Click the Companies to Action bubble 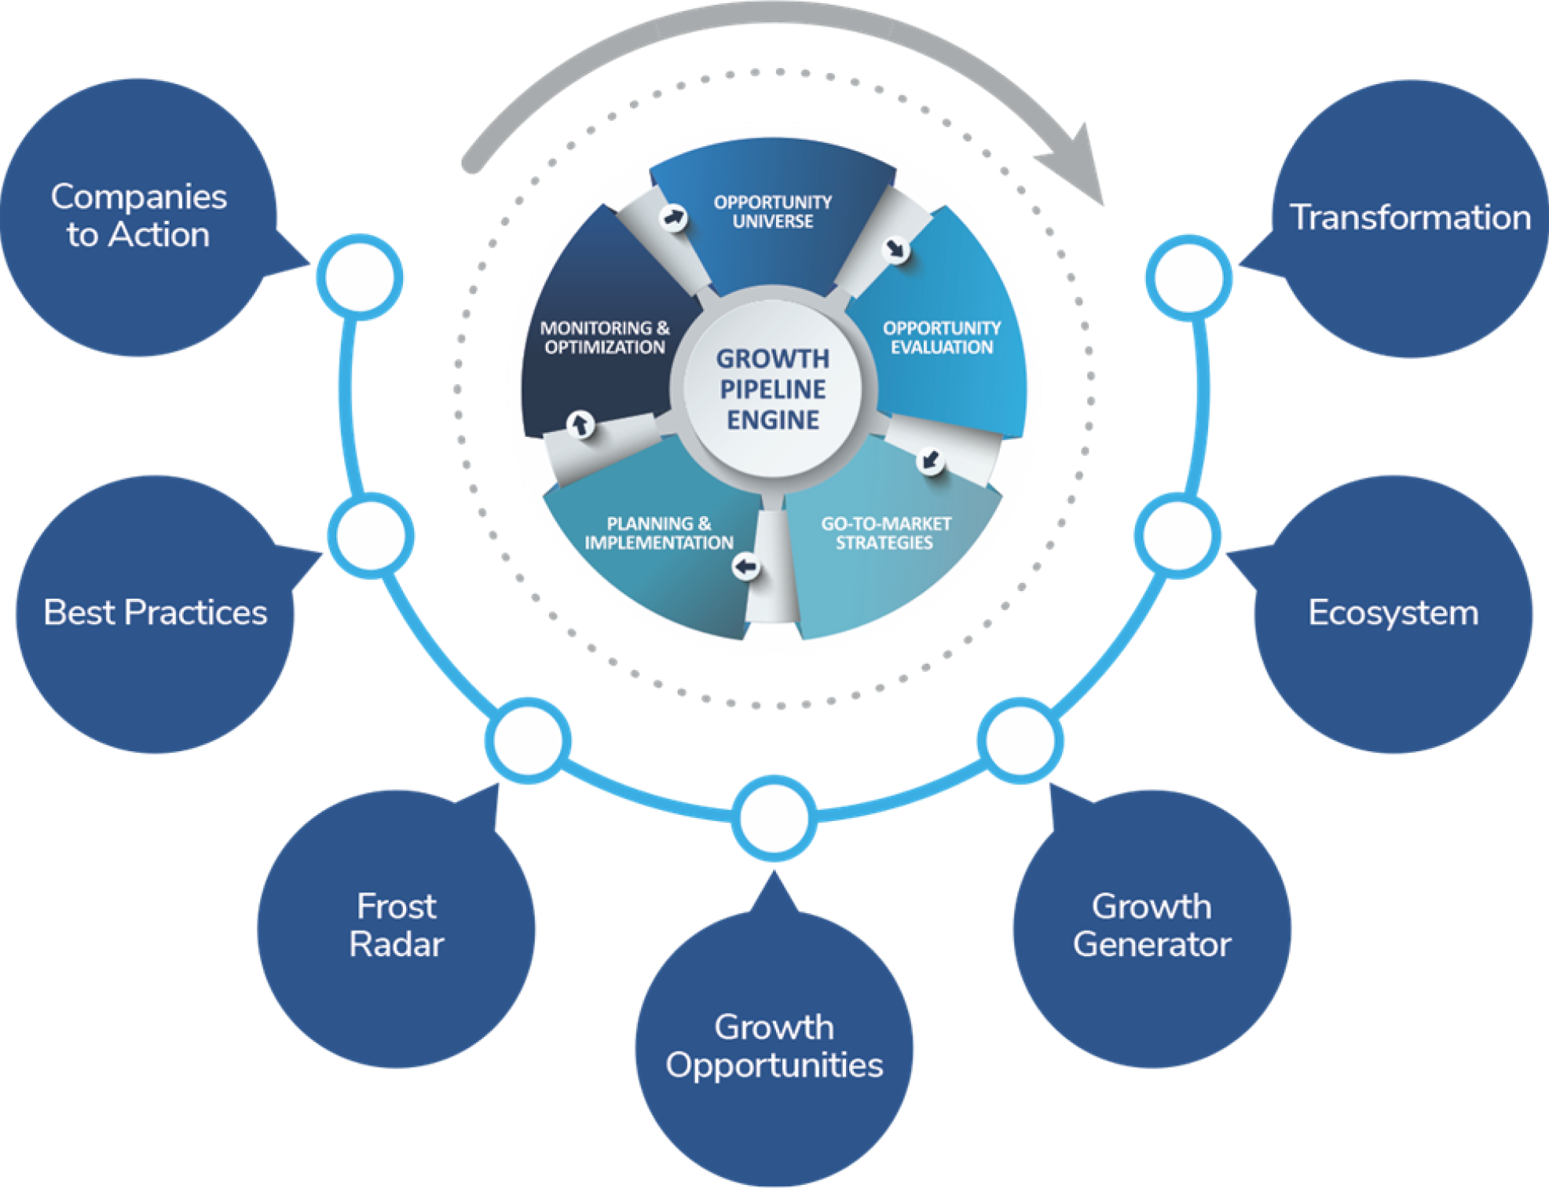(x=138, y=216)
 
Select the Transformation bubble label (x=1410, y=218)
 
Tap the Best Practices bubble (x=155, y=613)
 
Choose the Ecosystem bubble (x=1393, y=613)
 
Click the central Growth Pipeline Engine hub (x=773, y=390)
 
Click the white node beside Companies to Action (x=360, y=277)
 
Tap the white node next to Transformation (x=1188, y=277)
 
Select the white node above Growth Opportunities (x=774, y=818)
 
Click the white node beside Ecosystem (x=1177, y=535)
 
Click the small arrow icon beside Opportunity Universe (x=673, y=218)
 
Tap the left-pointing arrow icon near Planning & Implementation (x=745, y=566)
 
